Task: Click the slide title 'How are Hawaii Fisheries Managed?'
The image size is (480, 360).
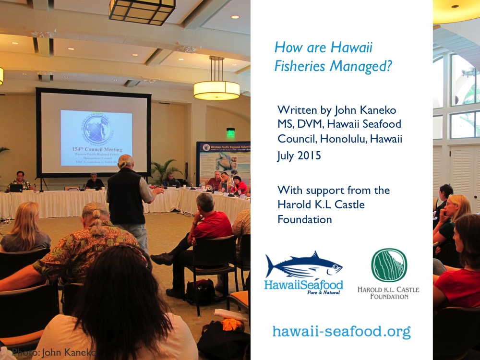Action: pos(333,57)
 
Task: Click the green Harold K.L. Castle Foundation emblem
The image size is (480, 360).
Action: pos(389,265)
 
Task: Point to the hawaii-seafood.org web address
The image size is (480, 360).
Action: pos(341,331)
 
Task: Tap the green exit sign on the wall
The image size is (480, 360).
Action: pos(231,132)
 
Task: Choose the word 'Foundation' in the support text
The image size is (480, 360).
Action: pos(304,219)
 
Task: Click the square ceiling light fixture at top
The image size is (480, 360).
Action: pos(142,11)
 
